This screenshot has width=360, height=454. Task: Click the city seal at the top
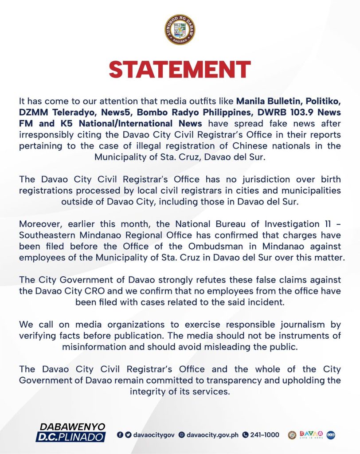pyautogui.click(x=180, y=29)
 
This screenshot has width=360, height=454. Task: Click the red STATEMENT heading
pyautogui.click(x=180, y=70)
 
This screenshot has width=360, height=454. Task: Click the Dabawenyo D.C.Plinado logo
pyautogui.click(x=71, y=432)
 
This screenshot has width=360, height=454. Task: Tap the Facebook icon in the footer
pyautogui.click(x=120, y=435)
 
